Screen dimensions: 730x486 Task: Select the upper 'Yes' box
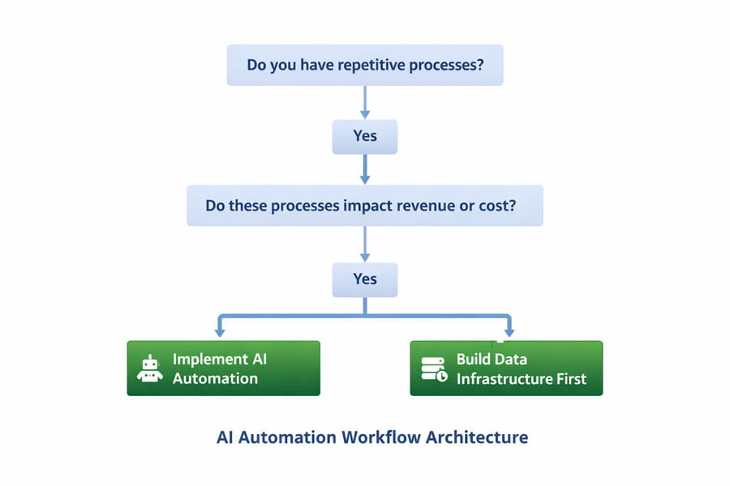click(365, 137)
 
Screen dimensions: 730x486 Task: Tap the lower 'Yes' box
click(365, 280)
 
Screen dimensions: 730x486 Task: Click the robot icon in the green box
click(149, 369)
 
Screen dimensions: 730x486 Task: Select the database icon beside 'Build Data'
click(434, 369)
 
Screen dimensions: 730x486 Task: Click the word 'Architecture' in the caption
click(477, 437)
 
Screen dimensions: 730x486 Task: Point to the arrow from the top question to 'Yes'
click(365, 102)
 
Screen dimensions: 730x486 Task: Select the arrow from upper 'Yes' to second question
click(365, 169)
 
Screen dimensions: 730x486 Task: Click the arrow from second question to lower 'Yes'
click(365, 244)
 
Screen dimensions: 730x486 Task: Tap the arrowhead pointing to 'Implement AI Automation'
click(220, 333)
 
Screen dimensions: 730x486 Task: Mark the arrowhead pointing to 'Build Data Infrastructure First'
click(509, 332)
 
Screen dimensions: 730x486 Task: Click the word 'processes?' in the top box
click(446, 65)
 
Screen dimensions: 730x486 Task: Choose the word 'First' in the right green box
click(572, 379)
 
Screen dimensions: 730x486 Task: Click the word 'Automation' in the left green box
click(215, 378)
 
